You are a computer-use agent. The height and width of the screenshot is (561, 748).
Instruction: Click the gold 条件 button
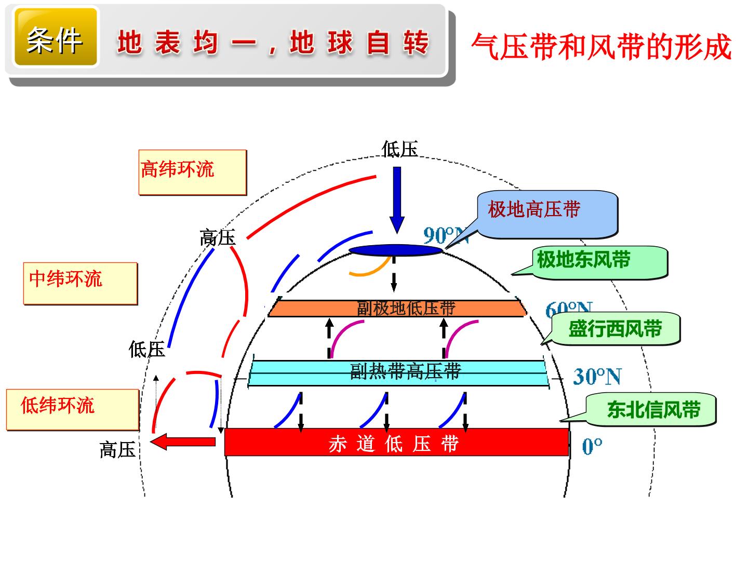(x=56, y=37)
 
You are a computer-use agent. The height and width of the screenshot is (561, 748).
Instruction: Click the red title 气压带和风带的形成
(x=601, y=47)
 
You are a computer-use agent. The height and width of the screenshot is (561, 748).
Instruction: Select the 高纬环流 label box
(x=193, y=172)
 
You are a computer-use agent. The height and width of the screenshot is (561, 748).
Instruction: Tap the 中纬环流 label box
(x=81, y=284)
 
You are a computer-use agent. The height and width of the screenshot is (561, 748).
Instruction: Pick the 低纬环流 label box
(x=73, y=410)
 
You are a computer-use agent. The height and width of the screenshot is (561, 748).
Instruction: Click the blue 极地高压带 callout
(x=547, y=215)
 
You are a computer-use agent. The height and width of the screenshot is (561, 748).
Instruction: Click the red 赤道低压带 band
(x=397, y=442)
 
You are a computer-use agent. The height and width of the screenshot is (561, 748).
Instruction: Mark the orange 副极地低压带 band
(x=397, y=308)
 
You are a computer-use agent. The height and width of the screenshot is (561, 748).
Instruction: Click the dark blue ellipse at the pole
(x=395, y=250)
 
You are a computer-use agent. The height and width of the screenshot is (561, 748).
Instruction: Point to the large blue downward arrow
(x=397, y=200)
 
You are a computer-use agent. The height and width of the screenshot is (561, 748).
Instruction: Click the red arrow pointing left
(x=183, y=442)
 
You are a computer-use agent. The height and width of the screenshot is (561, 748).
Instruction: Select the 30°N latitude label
(x=597, y=377)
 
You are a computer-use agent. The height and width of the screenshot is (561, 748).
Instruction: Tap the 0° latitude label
(x=592, y=446)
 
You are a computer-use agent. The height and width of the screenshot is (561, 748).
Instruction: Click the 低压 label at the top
(x=399, y=149)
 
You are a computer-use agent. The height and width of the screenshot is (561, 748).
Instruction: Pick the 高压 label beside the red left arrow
(x=117, y=449)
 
